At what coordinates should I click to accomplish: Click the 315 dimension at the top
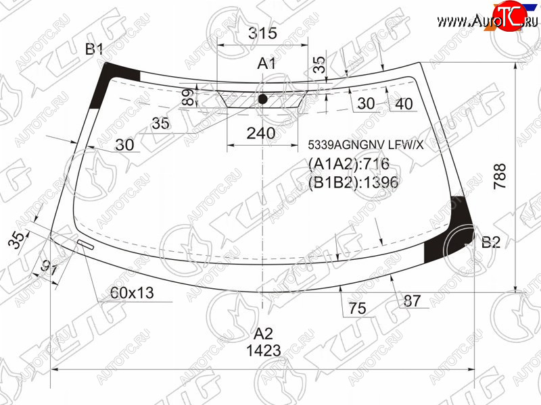(262, 33)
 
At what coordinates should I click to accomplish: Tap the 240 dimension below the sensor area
(261, 133)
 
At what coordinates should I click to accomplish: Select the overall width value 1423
(264, 350)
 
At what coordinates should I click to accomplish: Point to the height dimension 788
(500, 176)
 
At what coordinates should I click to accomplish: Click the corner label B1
(94, 49)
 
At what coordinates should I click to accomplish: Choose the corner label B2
(491, 242)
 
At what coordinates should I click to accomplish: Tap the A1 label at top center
(266, 63)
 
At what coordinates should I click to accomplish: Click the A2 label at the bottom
(264, 333)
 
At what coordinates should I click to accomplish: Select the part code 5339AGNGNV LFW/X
(366, 145)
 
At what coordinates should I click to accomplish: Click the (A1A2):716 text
(349, 163)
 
